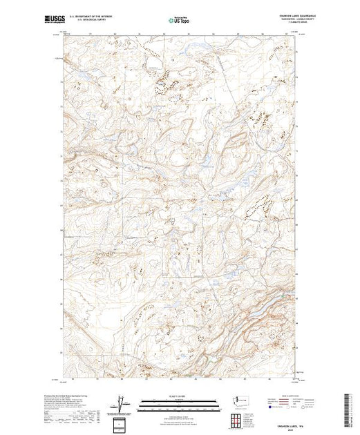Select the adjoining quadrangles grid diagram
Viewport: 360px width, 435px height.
tap(239, 420)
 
